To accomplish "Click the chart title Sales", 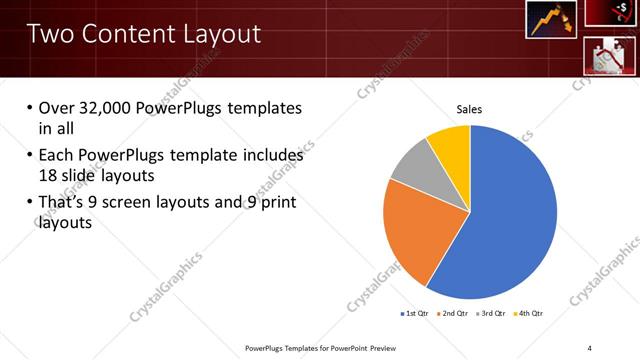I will [x=469, y=109].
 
